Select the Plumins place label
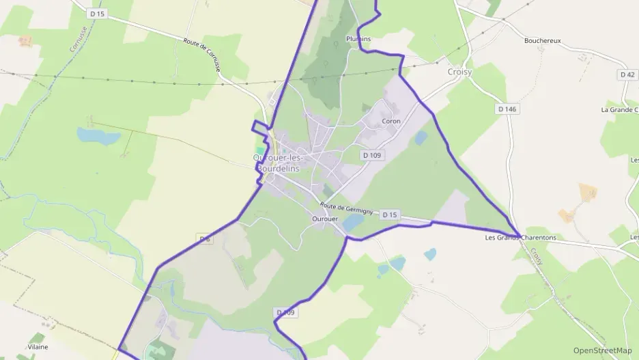coord(358,39)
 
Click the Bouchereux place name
coord(542,40)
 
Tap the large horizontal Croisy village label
coord(459,71)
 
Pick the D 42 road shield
coord(627,74)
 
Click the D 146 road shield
coord(507,109)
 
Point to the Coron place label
coord(391,121)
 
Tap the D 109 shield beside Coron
coord(372,155)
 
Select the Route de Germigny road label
coord(346,208)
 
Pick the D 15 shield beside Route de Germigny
coord(389,214)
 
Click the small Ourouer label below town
coord(324,219)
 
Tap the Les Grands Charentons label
coord(520,238)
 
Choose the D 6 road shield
coord(204,238)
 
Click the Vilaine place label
coord(38,347)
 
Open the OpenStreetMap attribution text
coord(602,350)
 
